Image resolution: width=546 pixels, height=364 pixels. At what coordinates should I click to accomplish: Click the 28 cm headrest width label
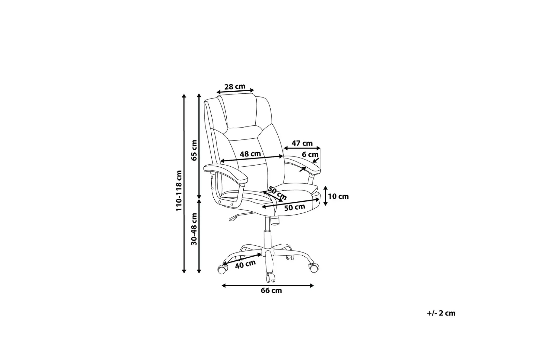[235, 87]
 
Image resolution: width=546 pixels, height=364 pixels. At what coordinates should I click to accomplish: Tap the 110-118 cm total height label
[179, 191]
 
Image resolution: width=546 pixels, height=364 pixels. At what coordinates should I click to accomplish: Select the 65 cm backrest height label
[194, 150]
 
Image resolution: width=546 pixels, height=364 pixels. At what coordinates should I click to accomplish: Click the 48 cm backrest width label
[250, 154]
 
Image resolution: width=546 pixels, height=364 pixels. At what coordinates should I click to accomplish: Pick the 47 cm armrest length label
[302, 143]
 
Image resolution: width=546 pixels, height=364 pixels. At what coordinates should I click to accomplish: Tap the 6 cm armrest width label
[310, 154]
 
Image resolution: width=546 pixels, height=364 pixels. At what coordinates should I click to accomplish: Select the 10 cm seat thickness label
[338, 196]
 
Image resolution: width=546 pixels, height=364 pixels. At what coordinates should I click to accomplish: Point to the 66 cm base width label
[271, 290]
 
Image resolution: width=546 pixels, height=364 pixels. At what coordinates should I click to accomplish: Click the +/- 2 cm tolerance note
[441, 313]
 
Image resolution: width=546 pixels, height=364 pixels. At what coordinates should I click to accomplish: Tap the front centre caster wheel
[270, 277]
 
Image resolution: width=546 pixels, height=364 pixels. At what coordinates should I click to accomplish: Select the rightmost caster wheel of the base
[314, 268]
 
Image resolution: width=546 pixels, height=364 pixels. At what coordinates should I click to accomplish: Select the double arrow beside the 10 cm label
[325, 196]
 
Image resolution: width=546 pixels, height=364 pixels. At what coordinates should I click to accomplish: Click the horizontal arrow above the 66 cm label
[268, 285]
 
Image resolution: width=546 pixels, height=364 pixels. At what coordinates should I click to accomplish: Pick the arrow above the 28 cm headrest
[235, 91]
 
